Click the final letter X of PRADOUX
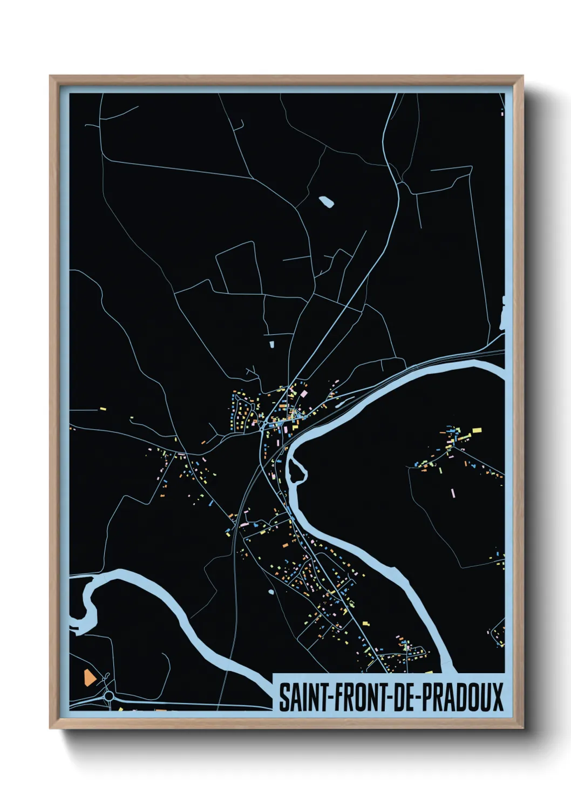tap(498, 697)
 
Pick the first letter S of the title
tap(284, 697)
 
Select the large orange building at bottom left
tap(88, 677)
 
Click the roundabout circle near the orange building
tap(109, 696)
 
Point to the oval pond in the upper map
tap(326, 202)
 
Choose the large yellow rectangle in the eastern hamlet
tap(477, 431)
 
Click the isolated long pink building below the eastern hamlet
tap(453, 493)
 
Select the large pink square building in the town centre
tap(304, 394)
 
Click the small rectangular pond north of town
tap(271, 342)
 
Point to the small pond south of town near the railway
tap(270, 592)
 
